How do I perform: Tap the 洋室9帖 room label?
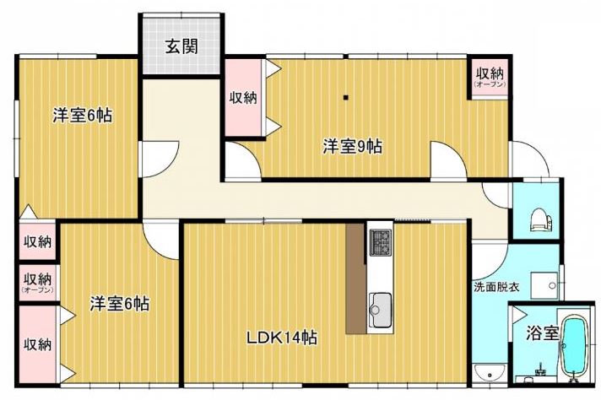coord(352,146)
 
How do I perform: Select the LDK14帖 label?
coord(281,338)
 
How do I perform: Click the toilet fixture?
coord(541,220)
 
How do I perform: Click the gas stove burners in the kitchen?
coord(380,242)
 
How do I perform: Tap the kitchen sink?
coord(380,311)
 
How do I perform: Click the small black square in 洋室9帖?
coord(346,97)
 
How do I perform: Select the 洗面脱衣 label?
coord(496,287)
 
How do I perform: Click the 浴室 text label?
coord(543,333)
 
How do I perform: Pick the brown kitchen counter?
coord(355,278)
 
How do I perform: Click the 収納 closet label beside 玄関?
coord(243,98)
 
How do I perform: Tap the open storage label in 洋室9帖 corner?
coord(490,76)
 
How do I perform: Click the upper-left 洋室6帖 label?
coord(83,115)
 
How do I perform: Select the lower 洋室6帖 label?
coord(120,304)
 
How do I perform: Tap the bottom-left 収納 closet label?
coord(37,345)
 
